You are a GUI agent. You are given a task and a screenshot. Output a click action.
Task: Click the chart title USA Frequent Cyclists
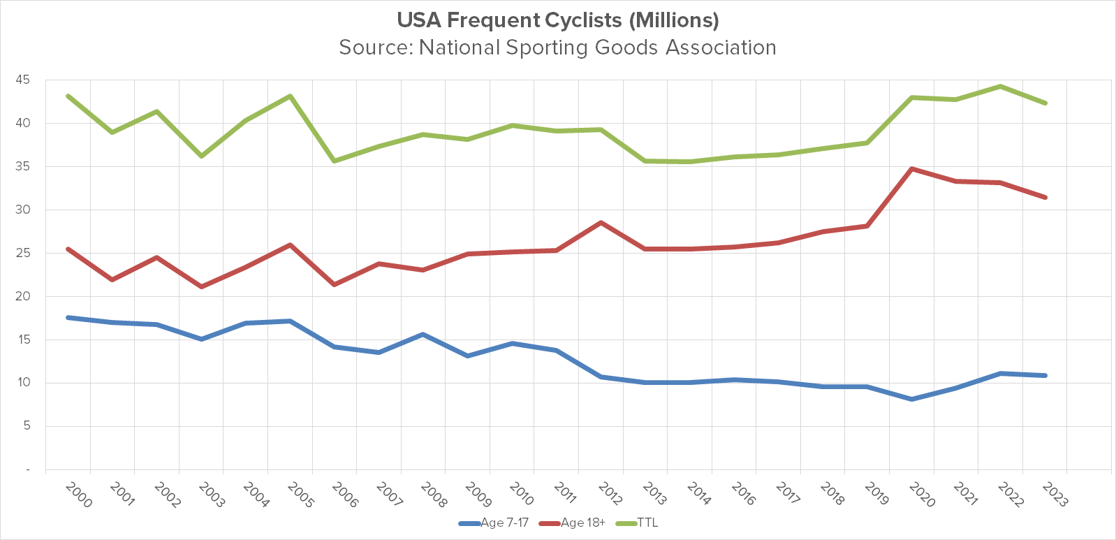tap(557, 20)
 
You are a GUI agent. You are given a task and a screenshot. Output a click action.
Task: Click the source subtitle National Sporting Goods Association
tap(557, 48)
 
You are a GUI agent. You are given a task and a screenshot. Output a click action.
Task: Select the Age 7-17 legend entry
tap(494, 523)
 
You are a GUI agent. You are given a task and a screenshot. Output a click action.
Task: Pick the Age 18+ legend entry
tap(574, 523)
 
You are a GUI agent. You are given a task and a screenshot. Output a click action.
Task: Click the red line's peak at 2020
tap(912, 169)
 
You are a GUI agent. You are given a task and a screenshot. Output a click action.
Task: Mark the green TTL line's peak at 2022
tap(1001, 87)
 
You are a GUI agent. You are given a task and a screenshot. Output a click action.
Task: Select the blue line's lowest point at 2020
tap(912, 399)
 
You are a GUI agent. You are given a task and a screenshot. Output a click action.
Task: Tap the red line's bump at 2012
tap(601, 223)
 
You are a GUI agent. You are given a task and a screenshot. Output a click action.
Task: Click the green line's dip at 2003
tap(201, 156)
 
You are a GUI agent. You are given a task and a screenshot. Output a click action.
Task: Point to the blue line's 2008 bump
tap(423, 335)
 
